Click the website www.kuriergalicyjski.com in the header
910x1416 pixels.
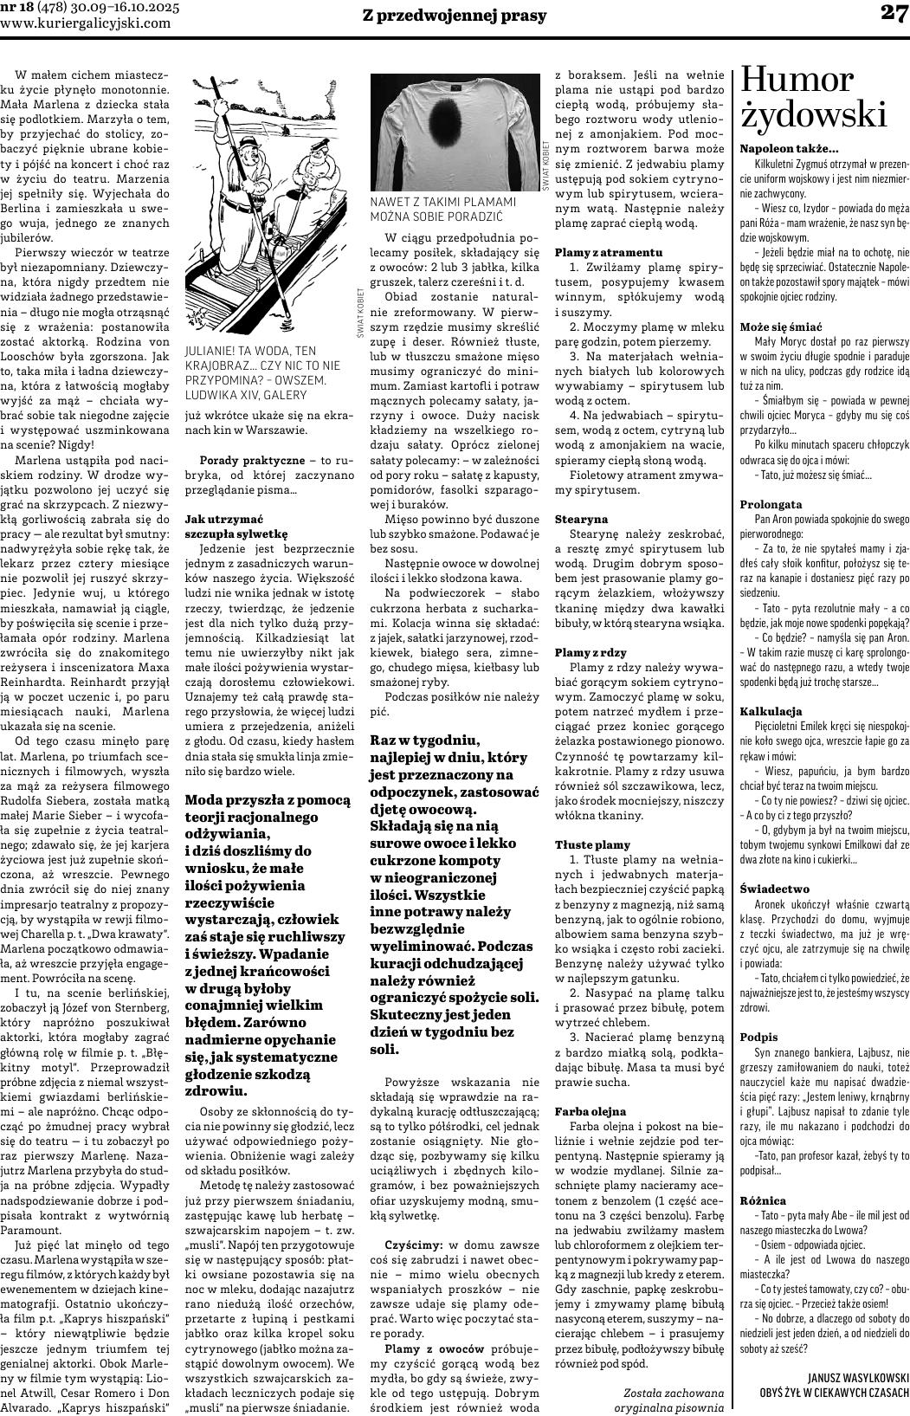(x=86, y=23)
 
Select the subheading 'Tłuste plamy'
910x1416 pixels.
(x=592, y=844)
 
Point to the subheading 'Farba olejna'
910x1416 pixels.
(x=591, y=1110)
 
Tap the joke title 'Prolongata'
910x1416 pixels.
(x=771, y=504)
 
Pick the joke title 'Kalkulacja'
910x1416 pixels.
(x=770, y=711)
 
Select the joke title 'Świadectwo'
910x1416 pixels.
(x=774, y=889)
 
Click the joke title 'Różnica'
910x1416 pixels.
(x=763, y=1200)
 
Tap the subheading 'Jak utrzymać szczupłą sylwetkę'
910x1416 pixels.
(x=236, y=527)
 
